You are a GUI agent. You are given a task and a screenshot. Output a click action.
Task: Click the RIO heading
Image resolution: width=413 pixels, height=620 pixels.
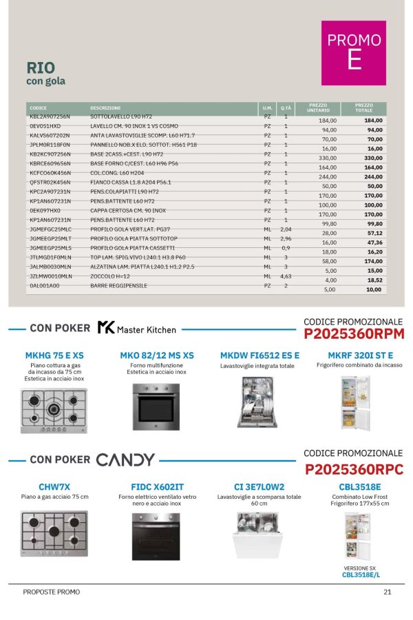[41, 68]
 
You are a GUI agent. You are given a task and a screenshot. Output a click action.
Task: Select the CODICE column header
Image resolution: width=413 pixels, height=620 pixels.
[39, 108]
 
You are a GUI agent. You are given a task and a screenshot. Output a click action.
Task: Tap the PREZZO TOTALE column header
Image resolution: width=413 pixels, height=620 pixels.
[363, 108]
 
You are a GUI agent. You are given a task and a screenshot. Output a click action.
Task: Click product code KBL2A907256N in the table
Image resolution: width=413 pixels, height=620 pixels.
[50, 117]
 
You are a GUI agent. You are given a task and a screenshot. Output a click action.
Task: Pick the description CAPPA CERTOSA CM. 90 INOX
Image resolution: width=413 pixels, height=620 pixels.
[128, 210]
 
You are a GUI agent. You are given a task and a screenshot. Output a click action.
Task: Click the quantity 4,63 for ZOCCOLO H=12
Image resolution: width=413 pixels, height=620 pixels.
[286, 276]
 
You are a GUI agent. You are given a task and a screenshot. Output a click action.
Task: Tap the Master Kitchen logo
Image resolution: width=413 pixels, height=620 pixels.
[136, 329]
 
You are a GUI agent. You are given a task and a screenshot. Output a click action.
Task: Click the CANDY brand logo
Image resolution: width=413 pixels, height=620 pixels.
[125, 459]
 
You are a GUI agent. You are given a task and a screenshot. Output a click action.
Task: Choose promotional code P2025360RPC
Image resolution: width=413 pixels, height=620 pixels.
[353, 468]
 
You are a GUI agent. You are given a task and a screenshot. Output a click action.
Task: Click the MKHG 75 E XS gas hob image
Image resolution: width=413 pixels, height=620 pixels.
[54, 411]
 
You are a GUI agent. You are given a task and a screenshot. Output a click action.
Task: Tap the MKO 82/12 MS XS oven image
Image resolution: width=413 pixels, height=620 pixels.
[156, 406]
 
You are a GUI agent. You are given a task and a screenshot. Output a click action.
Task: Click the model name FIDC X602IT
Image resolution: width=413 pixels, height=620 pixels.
[156, 486]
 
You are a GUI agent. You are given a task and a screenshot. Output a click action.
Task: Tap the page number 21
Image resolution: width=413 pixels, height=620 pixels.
[388, 592]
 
